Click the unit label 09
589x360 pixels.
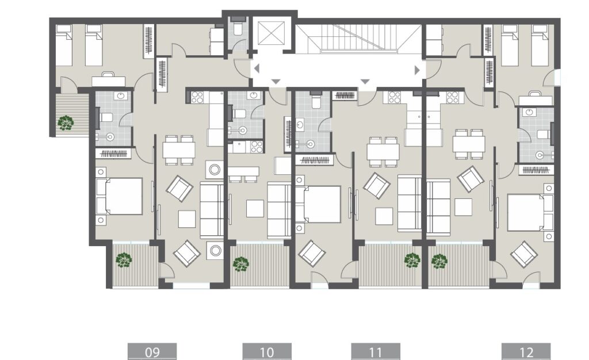[152, 351]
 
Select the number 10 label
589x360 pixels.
[267, 351]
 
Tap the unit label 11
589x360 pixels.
[375, 351]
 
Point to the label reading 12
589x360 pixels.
[526, 351]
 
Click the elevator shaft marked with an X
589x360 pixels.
[272, 33]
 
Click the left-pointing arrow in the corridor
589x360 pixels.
[257, 69]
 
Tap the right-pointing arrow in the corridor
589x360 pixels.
[418, 70]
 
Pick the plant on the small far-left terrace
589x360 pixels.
[66, 122]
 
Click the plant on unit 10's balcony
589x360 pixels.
[241, 264]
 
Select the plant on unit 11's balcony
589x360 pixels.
[412, 261]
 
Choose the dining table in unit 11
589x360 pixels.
[383, 151]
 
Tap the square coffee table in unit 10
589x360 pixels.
[255, 208]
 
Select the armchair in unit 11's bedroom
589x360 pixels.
[312, 252]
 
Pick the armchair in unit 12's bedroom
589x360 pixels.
[524, 254]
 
